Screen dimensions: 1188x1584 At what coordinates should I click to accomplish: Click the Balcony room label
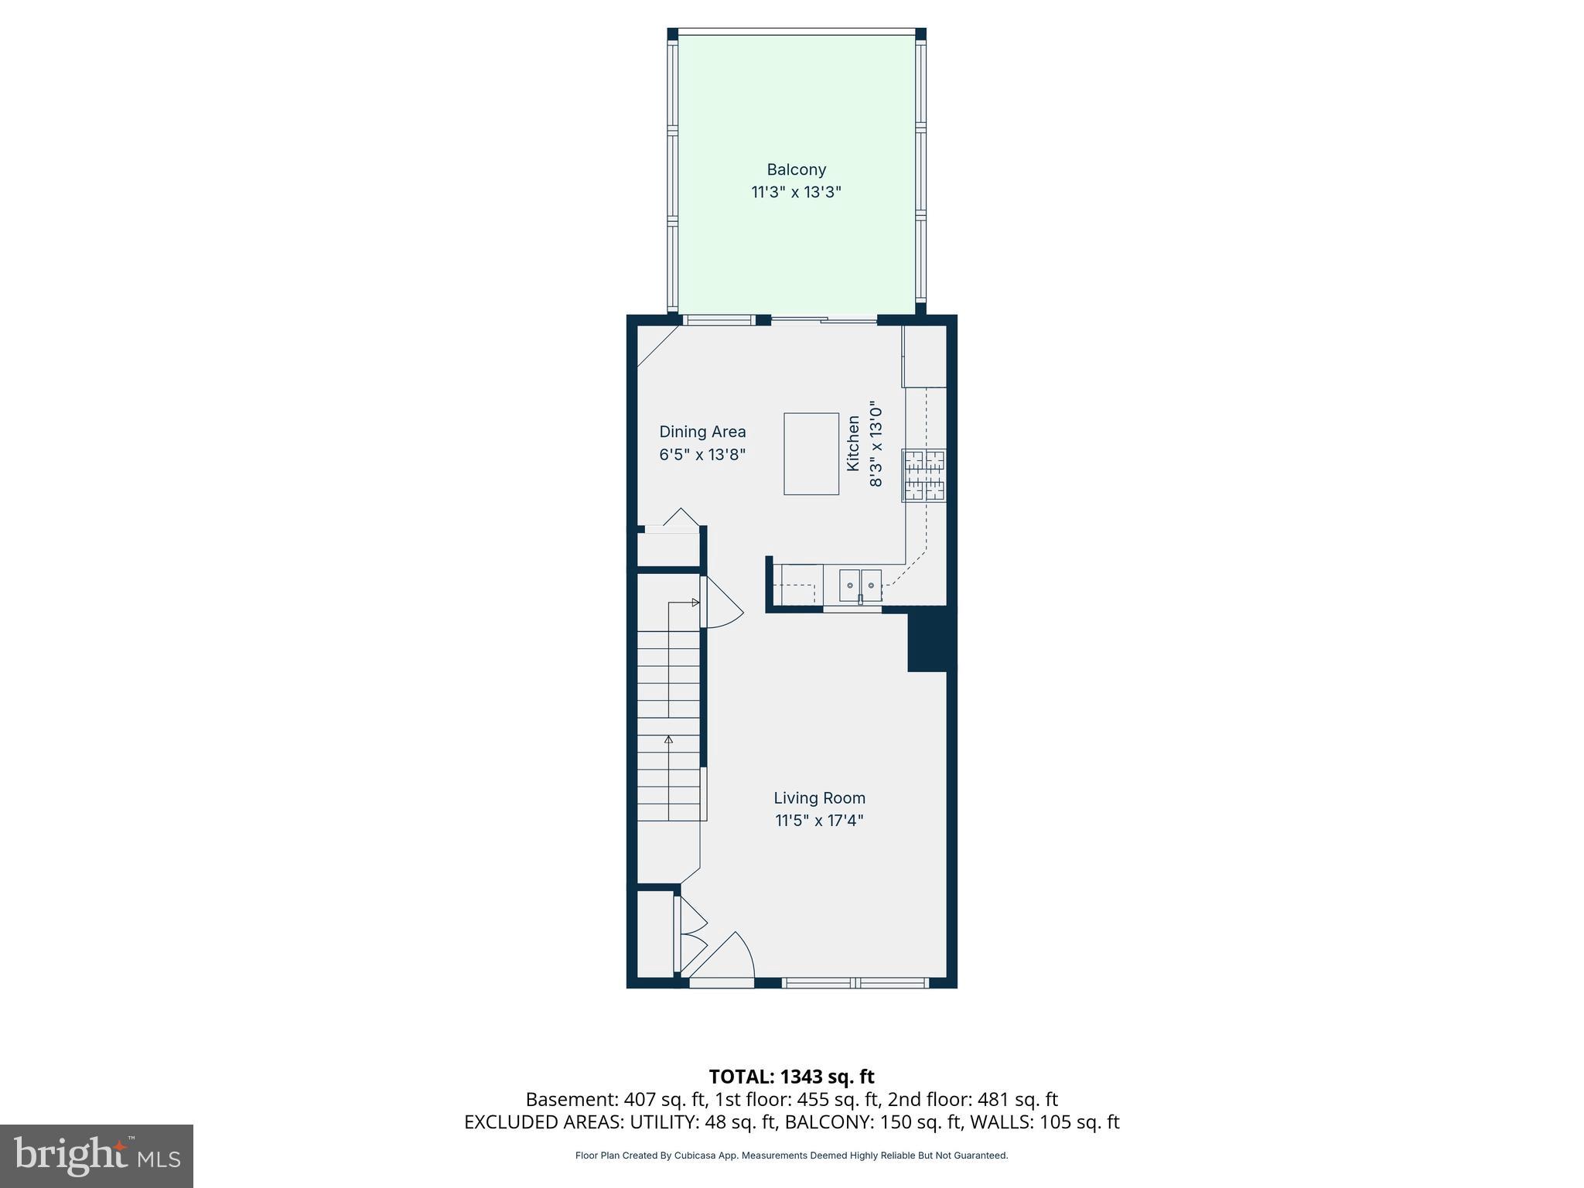(x=796, y=169)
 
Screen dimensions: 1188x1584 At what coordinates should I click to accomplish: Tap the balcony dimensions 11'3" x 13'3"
(x=796, y=192)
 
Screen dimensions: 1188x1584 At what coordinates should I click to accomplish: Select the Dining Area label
(x=702, y=432)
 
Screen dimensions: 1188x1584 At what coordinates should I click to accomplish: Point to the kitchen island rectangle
(x=811, y=453)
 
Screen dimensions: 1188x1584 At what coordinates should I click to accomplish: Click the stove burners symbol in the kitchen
(x=924, y=475)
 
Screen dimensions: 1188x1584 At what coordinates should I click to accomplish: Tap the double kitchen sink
(x=860, y=585)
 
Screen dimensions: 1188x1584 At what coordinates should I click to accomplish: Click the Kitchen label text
(x=853, y=443)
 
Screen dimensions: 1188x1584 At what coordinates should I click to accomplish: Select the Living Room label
(x=819, y=797)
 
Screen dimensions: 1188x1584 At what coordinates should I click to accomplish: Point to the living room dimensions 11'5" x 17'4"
(x=819, y=821)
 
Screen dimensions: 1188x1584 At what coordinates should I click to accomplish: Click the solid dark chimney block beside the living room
(x=930, y=638)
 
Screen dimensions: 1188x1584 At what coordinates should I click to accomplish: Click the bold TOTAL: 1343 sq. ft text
(x=791, y=1077)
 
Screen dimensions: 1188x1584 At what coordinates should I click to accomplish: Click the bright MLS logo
(x=97, y=1156)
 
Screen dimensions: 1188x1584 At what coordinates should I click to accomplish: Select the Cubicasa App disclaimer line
(x=791, y=1156)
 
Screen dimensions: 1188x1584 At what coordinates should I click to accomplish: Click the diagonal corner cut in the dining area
(x=657, y=346)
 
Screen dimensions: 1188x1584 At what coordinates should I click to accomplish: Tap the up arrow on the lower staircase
(x=668, y=740)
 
